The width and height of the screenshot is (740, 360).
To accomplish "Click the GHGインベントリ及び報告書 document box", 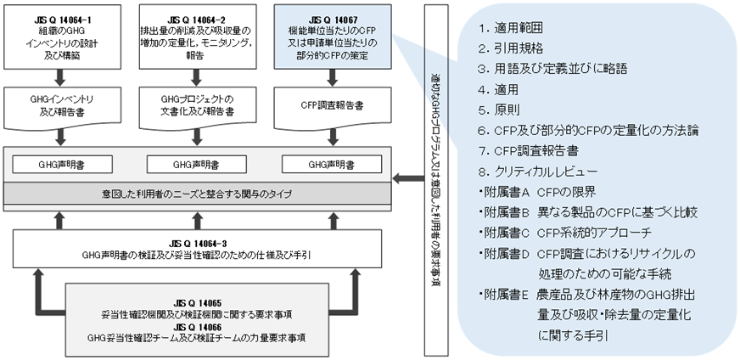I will point(59,104).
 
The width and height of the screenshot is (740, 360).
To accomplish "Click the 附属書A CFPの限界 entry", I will point(542,191).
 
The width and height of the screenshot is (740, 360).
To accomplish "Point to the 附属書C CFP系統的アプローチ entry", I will point(565,233).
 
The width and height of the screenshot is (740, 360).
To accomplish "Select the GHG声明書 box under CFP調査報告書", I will point(330,162).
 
